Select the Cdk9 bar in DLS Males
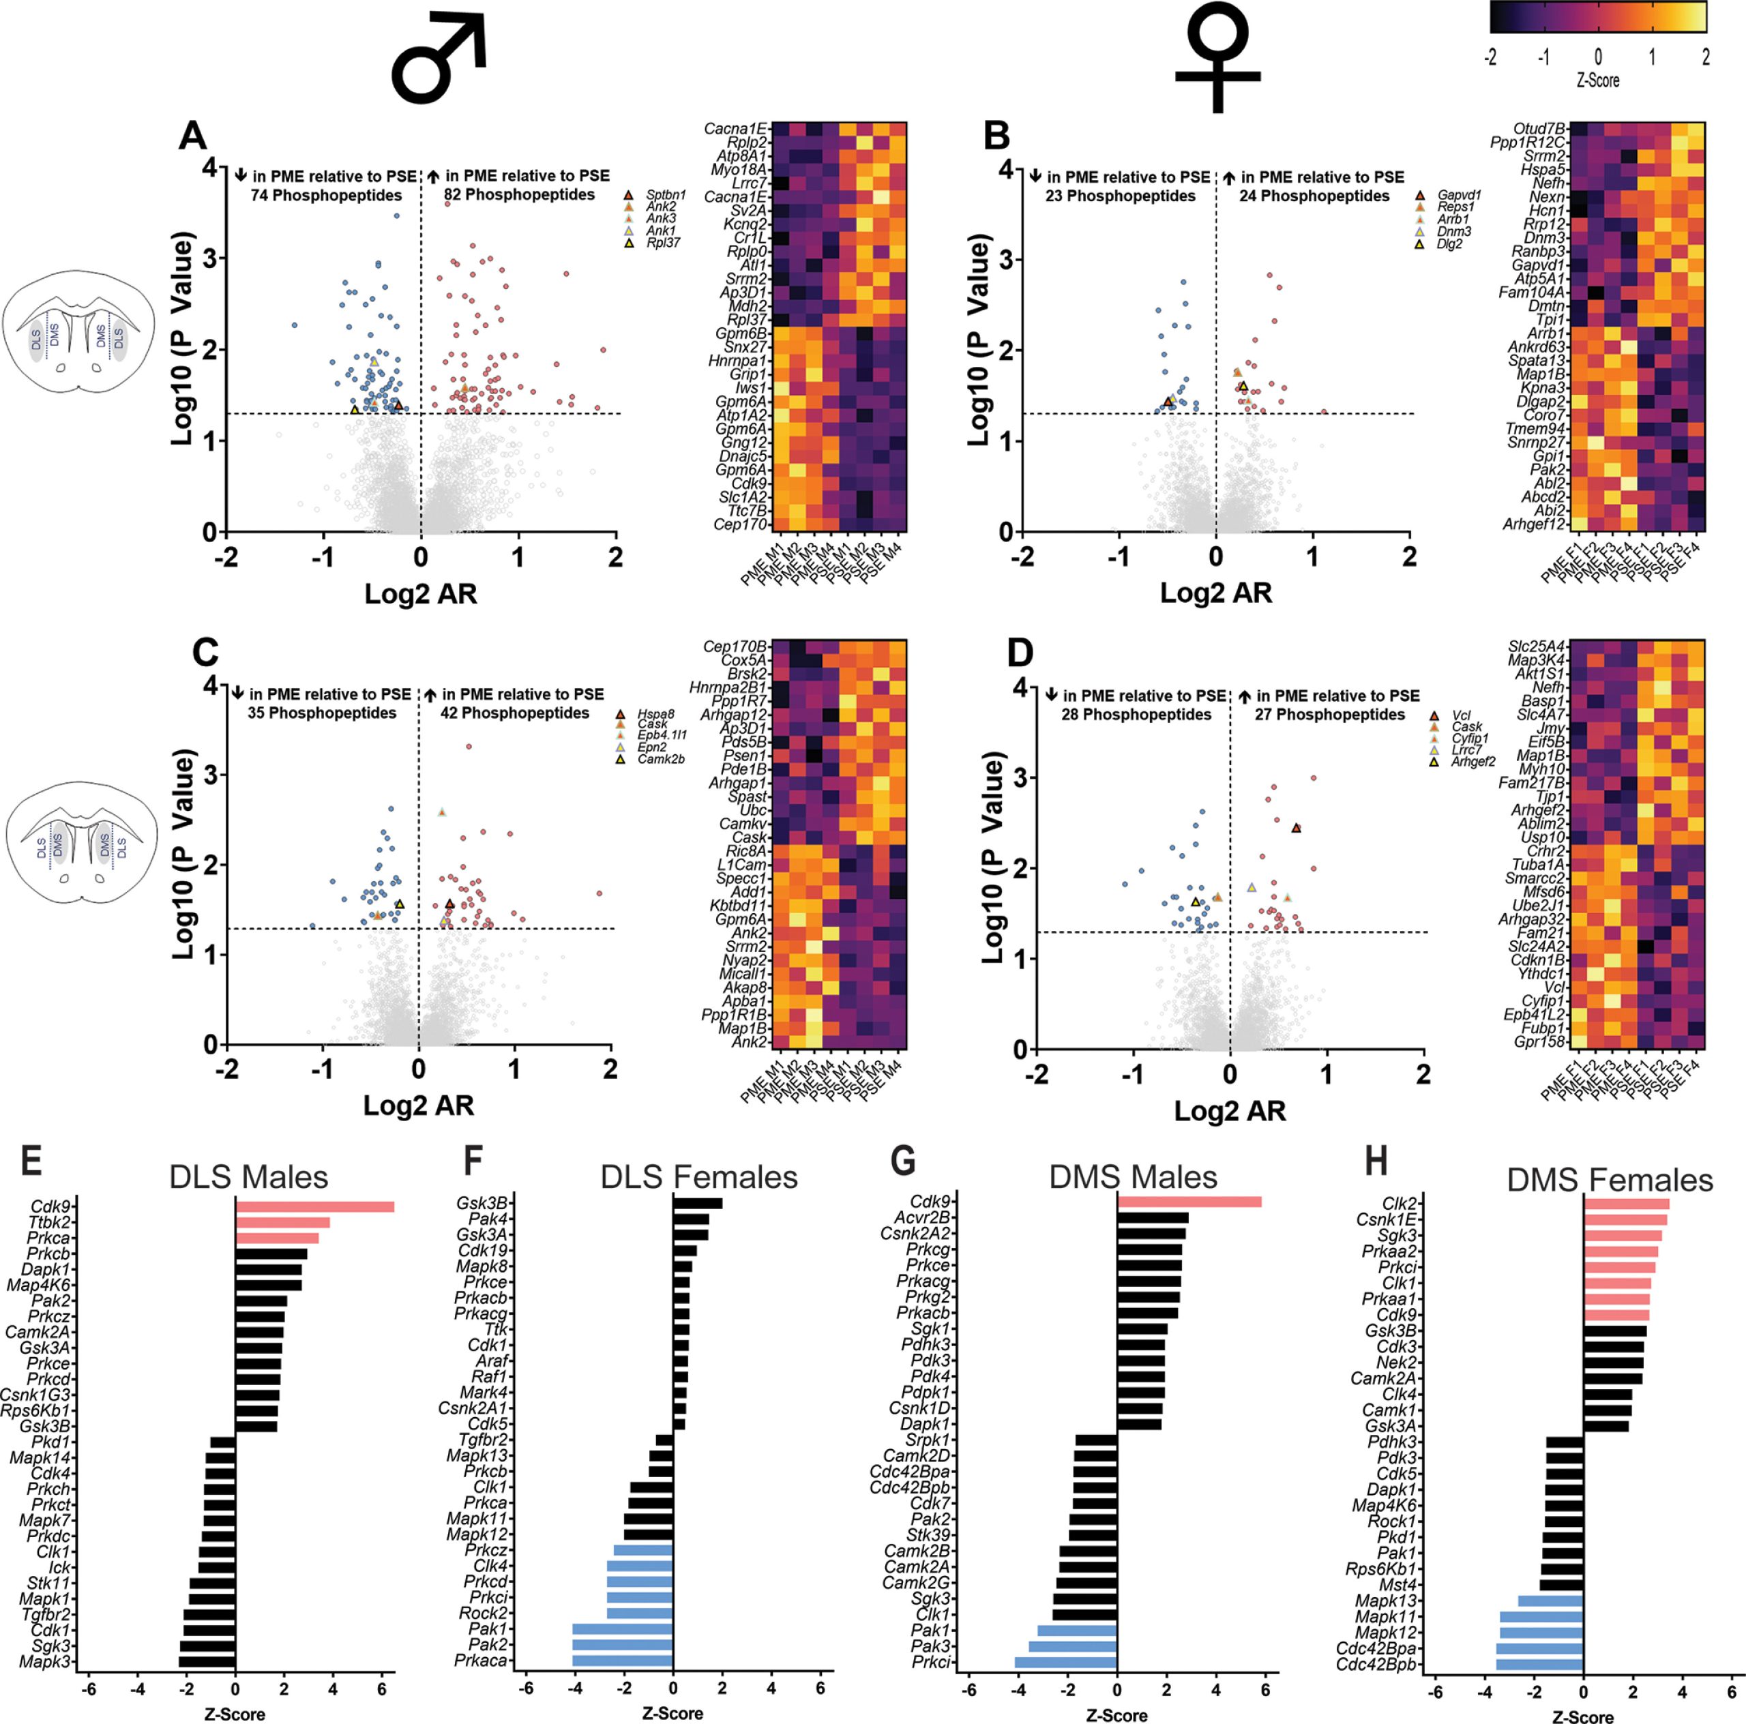(x=314, y=1206)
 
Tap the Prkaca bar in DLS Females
(x=623, y=1661)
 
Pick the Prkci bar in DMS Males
(x=1067, y=1663)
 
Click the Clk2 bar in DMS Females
(x=1627, y=1204)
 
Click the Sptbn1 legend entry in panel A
(x=665, y=194)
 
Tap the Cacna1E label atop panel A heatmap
(x=735, y=129)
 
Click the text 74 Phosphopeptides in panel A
(x=326, y=195)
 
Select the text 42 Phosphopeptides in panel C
(x=514, y=713)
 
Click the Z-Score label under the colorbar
(x=1598, y=80)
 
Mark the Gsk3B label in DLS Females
(x=482, y=1204)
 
